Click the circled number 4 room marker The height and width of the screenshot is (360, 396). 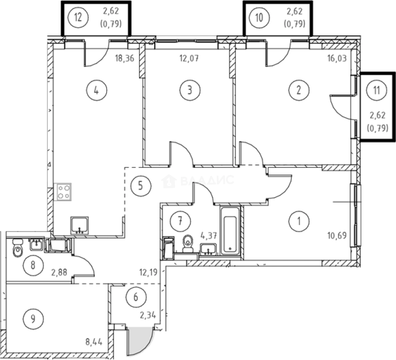click(96, 90)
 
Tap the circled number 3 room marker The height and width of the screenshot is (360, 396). click(190, 90)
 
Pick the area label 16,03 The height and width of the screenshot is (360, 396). click(337, 59)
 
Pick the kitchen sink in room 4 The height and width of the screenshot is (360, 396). click(80, 225)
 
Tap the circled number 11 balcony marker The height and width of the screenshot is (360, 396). click(376, 90)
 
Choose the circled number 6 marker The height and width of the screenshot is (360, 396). click(135, 296)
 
